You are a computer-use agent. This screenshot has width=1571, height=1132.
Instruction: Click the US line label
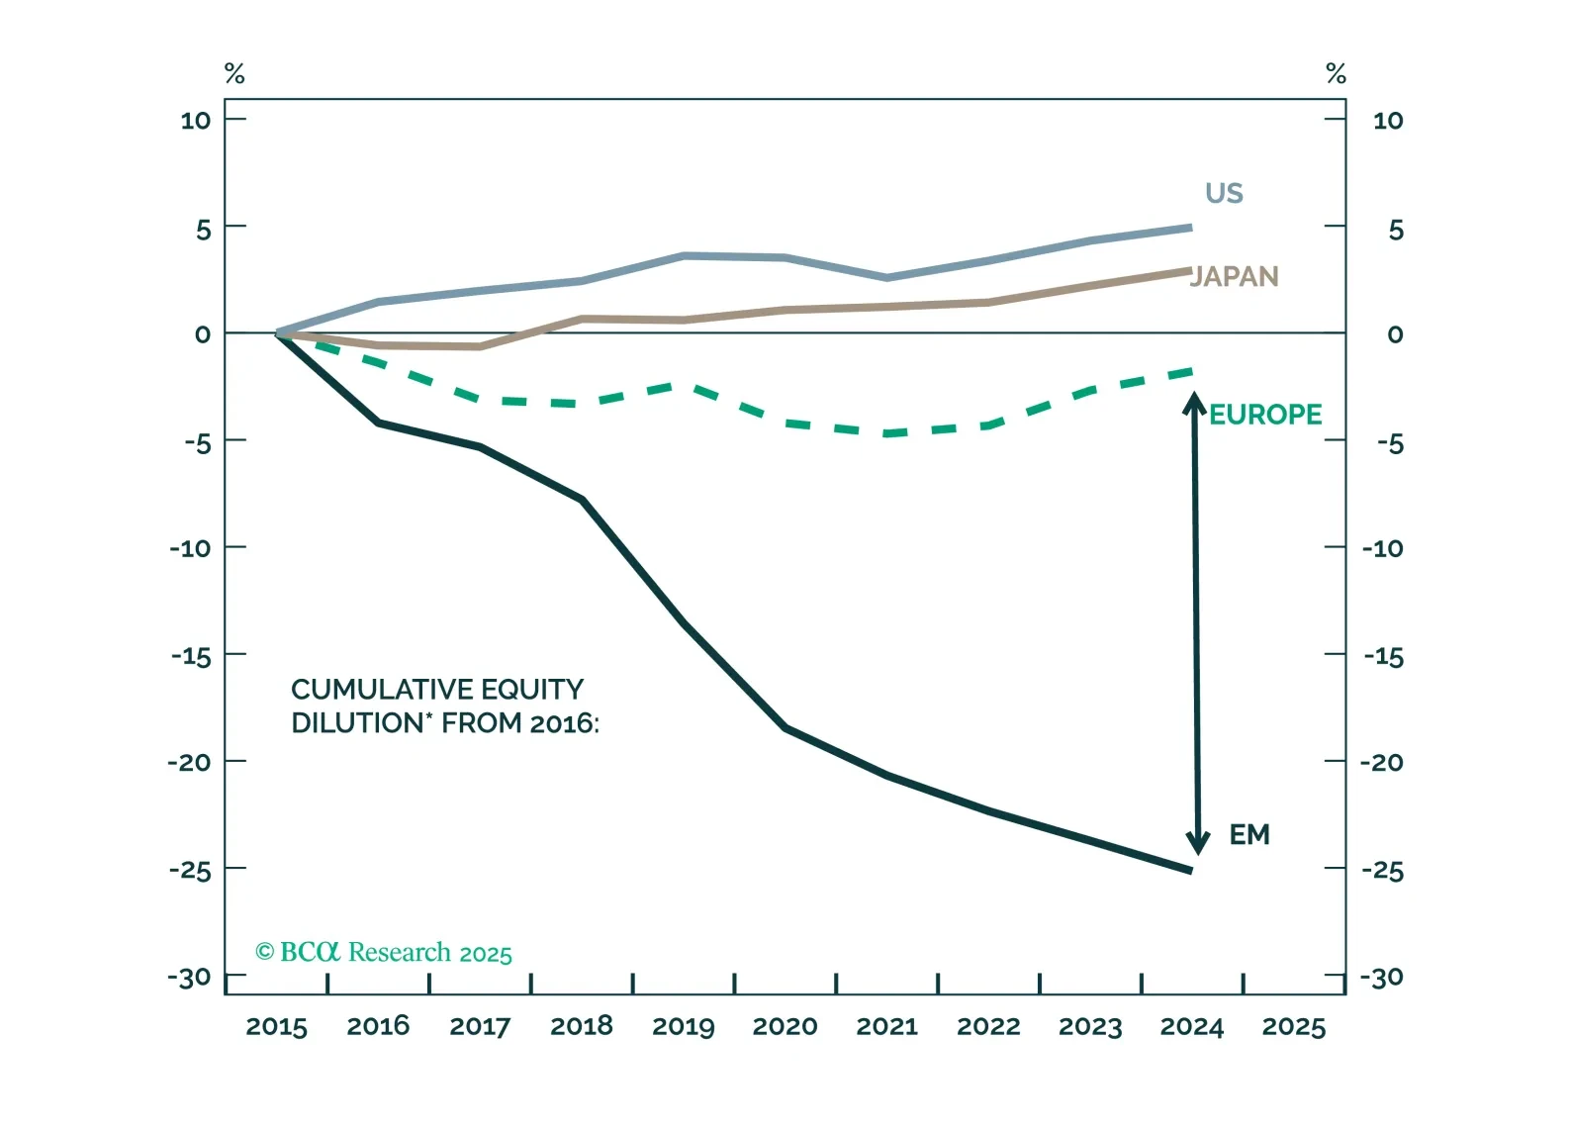(x=1224, y=193)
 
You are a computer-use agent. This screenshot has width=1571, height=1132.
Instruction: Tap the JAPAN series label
(x=1235, y=276)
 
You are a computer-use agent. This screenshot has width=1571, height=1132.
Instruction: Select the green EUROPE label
(x=1265, y=415)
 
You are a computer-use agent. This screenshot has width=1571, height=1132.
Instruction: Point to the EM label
(x=1249, y=835)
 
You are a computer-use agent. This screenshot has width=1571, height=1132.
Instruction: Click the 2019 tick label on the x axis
(x=684, y=1027)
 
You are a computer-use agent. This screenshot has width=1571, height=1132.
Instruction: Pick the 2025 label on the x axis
(x=1293, y=1027)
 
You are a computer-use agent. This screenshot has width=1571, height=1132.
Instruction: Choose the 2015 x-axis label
(x=276, y=1027)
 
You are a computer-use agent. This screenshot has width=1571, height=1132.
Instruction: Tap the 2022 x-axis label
(x=988, y=1027)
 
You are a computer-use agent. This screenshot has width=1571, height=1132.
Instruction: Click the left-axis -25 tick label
(x=190, y=871)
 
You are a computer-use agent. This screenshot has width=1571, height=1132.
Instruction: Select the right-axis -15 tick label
(x=1383, y=657)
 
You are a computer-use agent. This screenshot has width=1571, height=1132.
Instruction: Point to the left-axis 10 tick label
(x=196, y=121)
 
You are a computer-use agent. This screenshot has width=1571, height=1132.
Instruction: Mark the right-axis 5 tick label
(x=1395, y=231)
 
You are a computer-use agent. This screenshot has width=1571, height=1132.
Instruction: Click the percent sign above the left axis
(x=234, y=74)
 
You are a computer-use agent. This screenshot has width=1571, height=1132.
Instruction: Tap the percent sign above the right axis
(x=1337, y=74)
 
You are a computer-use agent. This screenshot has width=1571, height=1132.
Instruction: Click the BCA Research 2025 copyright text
(x=384, y=953)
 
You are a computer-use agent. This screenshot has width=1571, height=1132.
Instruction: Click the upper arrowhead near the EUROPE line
(x=1195, y=404)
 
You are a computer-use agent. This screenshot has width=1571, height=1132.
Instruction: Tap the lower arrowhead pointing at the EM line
(x=1198, y=843)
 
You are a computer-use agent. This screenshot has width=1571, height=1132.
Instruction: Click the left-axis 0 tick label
(x=203, y=334)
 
